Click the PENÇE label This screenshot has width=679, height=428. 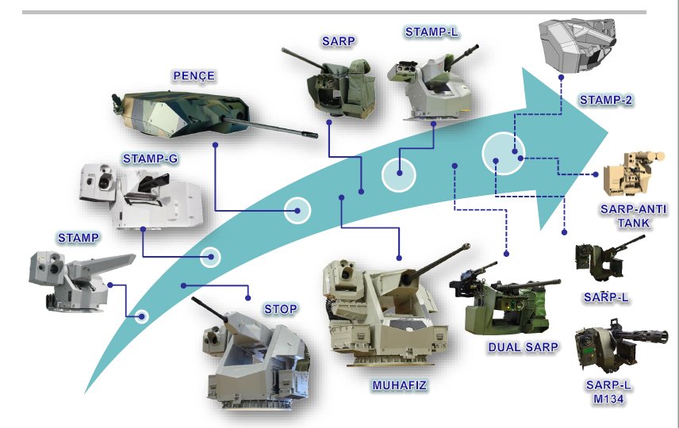193,76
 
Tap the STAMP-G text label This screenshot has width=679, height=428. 149,159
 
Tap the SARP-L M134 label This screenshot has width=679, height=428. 608,392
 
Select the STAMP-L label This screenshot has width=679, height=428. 432,32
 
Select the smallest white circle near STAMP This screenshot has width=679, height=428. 142,317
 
